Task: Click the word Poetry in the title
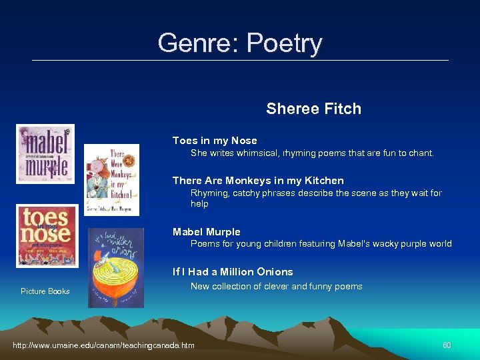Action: (x=284, y=44)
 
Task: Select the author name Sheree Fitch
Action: (x=313, y=109)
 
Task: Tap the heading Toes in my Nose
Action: (x=215, y=141)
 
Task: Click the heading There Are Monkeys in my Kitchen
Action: (x=258, y=181)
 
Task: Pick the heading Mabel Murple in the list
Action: (x=206, y=232)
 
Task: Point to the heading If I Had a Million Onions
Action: (x=233, y=272)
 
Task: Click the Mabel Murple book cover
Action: (x=45, y=154)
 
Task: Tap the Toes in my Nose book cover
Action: (x=47, y=236)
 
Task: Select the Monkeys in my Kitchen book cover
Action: (x=111, y=179)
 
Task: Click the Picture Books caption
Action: (x=45, y=291)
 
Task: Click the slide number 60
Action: (x=447, y=345)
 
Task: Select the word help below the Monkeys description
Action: (x=199, y=204)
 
